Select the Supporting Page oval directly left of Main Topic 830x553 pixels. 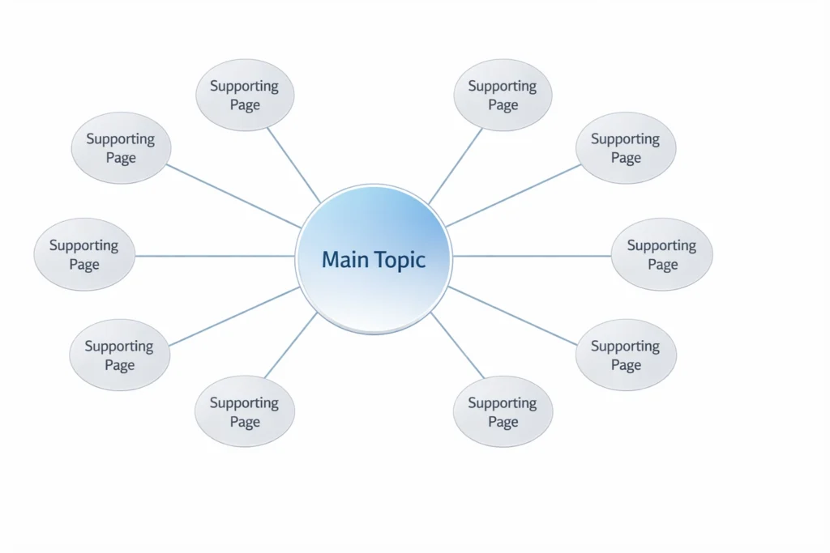(83, 254)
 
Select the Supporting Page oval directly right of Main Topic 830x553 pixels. (661, 254)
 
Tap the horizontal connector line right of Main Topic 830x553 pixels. (531, 256)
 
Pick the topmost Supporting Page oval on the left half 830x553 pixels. (245, 95)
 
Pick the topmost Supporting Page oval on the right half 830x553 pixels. (503, 95)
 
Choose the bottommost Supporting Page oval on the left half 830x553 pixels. (244, 411)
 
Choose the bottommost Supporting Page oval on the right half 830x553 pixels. (503, 411)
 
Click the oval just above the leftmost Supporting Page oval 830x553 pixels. (121, 148)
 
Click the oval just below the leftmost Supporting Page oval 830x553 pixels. (119, 355)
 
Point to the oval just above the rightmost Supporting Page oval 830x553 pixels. (626, 148)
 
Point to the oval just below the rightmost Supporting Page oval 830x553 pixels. (626, 355)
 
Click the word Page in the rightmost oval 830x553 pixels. (662, 265)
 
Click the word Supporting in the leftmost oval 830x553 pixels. (83, 245)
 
